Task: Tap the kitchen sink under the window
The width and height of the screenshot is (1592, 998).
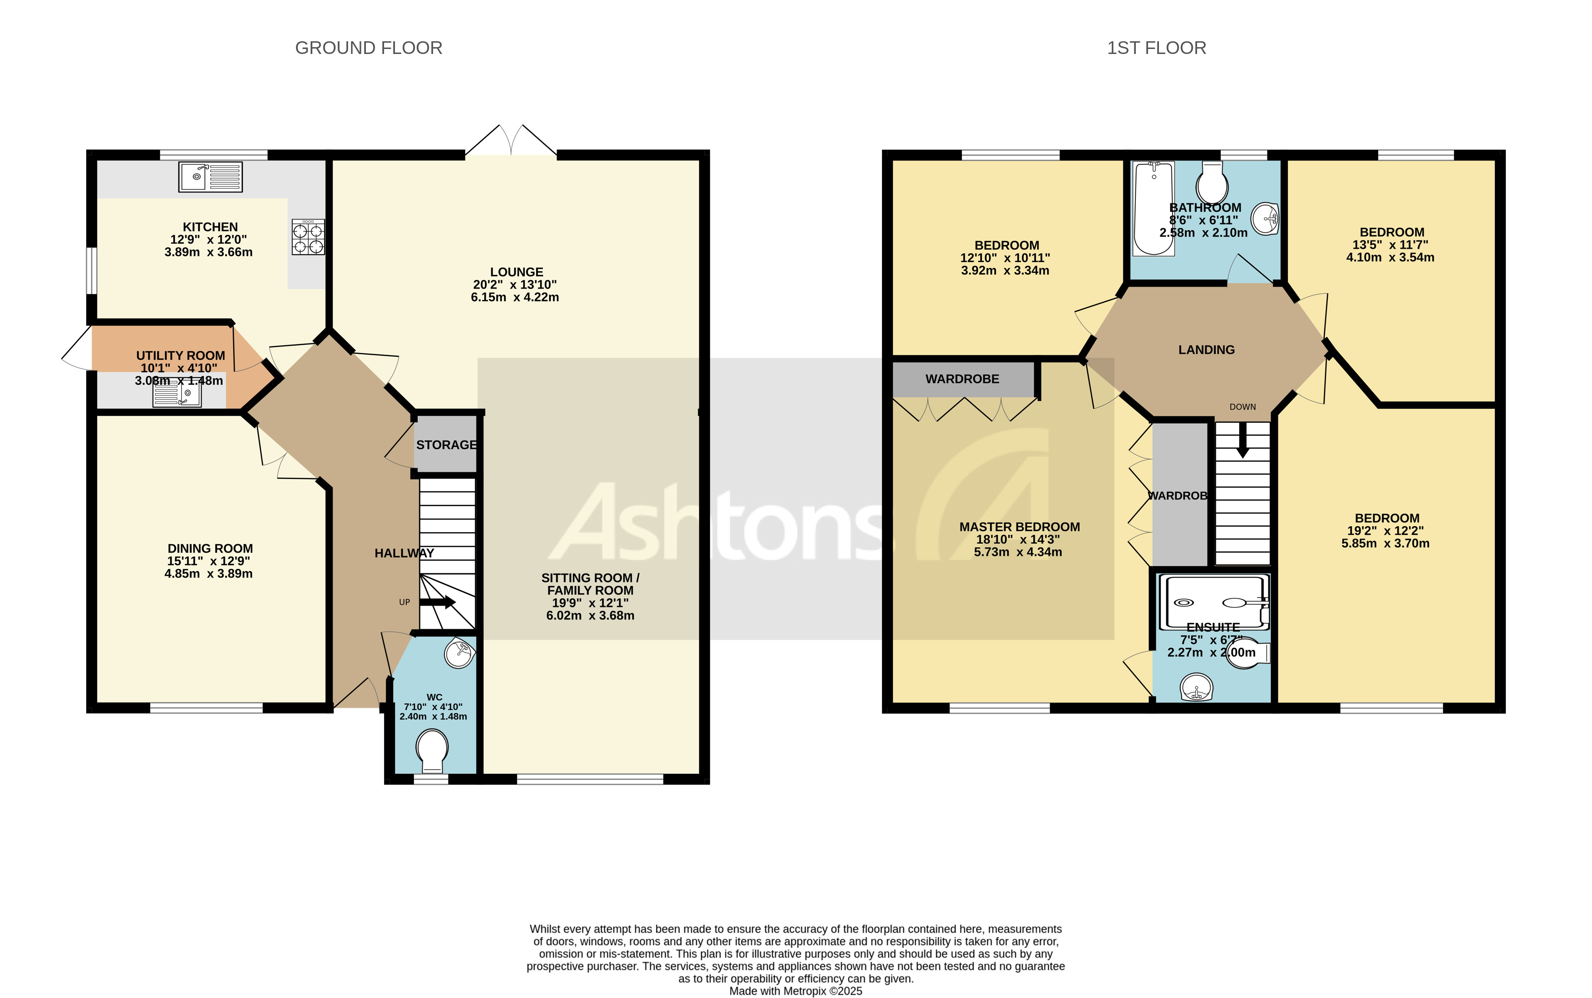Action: point(210,177)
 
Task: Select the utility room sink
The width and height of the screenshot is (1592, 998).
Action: point(177,395)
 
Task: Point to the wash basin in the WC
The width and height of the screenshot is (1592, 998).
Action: point(459,653)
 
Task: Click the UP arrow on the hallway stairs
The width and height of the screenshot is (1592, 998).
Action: point(438,602)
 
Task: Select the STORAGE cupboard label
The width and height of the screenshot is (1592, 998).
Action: point(446,445)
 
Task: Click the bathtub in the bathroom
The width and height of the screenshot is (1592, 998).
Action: point(1153,209)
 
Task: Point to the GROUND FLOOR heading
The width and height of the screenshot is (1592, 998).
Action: point(369,48)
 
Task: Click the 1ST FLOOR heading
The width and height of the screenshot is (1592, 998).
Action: point(1156,48)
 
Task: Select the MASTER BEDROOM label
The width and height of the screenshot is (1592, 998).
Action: point(1019,527)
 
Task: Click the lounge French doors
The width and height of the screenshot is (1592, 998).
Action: point(511,142)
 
